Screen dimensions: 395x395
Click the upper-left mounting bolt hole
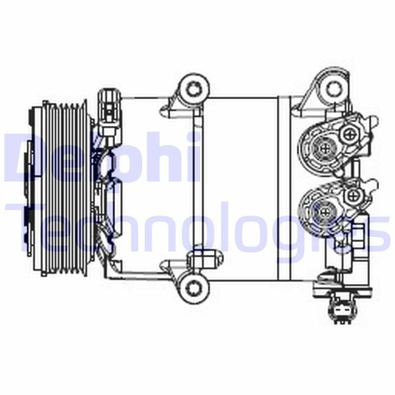pyautogui.click(x=194, y=89)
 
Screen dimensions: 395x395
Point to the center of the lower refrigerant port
pyautogui.click(x=326, y=210)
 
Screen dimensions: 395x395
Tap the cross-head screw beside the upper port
pyautogui.click(x=352, y=134)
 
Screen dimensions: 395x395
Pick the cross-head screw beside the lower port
pyautogui.click(x=353, y=196)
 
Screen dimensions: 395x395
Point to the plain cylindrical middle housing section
pyautogui.click(x=240, y=186)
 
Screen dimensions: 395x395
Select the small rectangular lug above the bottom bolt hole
pyautogui.click(x=197, y=260)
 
